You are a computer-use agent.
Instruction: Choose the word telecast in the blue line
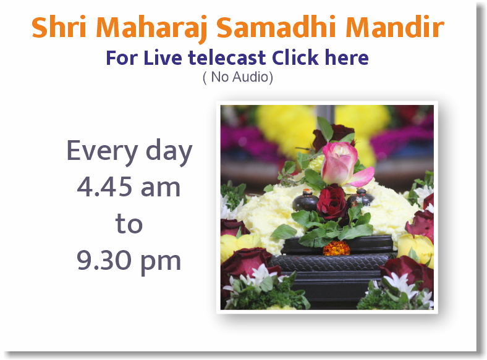click(227, 58)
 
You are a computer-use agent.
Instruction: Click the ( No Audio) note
click(237, 78)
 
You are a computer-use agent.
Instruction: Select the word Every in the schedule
click(100, 152)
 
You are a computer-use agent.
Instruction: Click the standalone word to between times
click(129, 224)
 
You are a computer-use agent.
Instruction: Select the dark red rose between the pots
click(332, 204)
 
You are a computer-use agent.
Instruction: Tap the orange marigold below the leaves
click(337, 248)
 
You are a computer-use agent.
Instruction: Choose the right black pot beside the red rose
click(362, 198)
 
